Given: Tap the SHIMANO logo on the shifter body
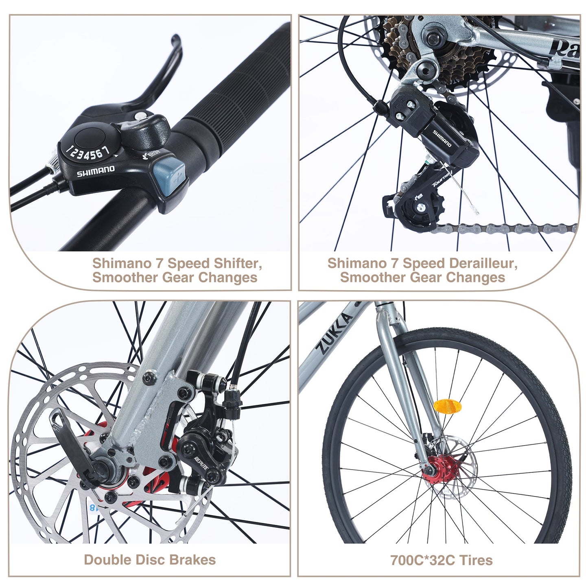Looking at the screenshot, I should pyautogui.click(x=96, y=171).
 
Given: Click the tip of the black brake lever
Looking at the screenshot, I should pyautogui.click(x=176, y=40).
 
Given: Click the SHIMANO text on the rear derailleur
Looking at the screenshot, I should pyautogui.click(x=442, y=139).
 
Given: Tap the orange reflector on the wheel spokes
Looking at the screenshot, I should pyautogui.click(x=448, y=406).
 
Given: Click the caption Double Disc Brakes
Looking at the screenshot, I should pyautogui.click(x=150, y=560).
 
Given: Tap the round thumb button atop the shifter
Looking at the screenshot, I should pyautogui.click(x=91, y=136).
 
